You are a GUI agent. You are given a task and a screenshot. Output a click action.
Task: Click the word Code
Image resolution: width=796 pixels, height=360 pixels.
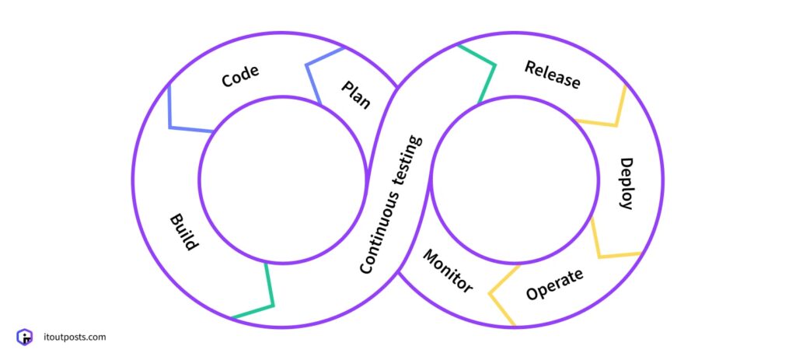240,76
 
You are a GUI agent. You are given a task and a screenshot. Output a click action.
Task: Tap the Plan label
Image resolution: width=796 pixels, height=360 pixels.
356,95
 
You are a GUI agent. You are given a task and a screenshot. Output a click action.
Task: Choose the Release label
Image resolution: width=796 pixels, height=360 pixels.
552,75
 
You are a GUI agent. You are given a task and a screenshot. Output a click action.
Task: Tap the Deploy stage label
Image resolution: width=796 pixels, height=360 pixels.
626,183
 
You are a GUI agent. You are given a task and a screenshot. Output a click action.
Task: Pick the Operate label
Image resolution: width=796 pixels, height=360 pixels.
554,285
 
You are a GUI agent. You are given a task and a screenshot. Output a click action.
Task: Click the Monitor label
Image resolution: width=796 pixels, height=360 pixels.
448,271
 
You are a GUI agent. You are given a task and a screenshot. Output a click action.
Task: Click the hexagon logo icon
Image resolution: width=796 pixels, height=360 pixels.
25,337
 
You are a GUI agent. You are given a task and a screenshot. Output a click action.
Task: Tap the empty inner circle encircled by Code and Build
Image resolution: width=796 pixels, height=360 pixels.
282,178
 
